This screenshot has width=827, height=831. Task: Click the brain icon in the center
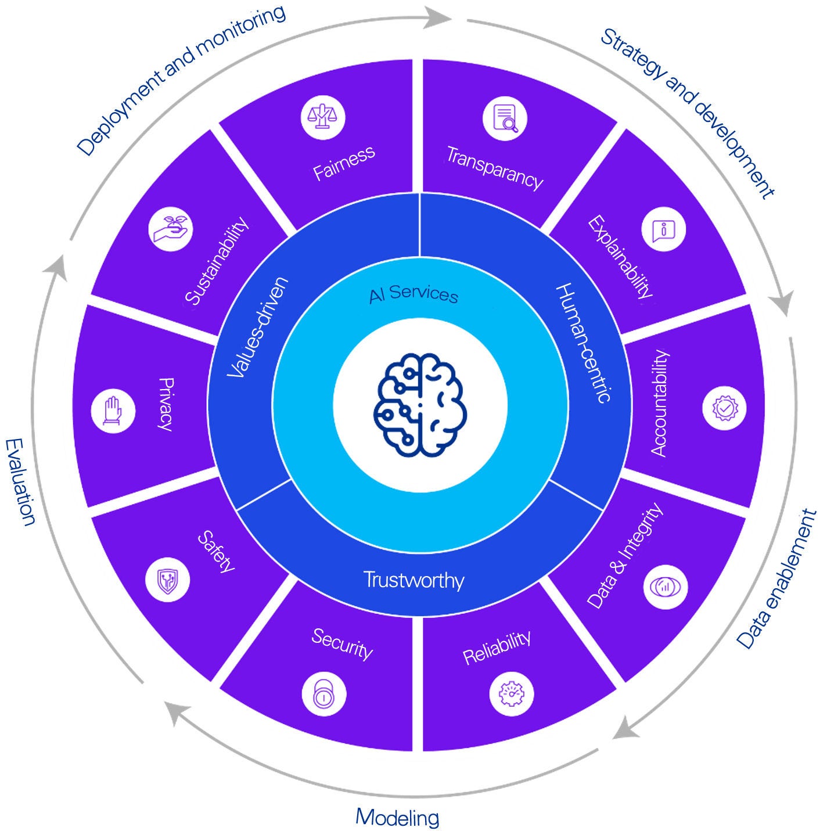coord(420,404)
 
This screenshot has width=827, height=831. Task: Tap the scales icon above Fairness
coord(323,117)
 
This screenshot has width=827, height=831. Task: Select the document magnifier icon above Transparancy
coord(505,118)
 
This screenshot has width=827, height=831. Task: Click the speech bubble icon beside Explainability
coord(663,229)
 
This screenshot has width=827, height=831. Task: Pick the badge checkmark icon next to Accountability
coord(724,408)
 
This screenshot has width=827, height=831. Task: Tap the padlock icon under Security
coord(324,693)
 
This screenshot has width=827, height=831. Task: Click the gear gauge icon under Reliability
coord(511,693)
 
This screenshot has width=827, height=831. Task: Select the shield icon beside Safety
coord(167,580)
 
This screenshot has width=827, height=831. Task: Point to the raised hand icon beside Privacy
coord(113,411)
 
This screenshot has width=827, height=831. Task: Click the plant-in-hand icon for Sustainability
coord(171,229)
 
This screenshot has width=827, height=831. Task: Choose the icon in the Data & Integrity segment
coord(666,586)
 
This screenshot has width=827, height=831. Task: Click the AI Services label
coord(413,294)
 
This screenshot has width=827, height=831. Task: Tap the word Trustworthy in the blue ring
coord(413,580)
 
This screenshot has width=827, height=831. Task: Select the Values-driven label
coord(257,328)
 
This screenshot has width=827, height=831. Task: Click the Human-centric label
coord(583,343)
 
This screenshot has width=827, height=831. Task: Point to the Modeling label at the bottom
coord(397,817)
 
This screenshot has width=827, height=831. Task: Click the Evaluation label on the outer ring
coord(20,482)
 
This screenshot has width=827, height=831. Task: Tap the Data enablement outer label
coord(777,579)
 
